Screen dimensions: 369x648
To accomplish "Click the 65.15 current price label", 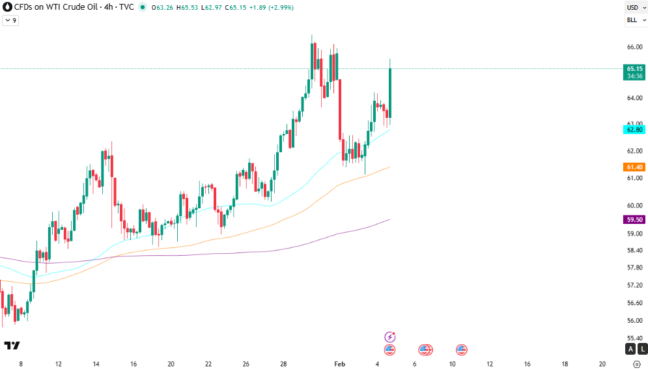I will pyautogui.click(x=634, y=68).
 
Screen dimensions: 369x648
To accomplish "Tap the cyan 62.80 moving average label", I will pyautogui.click(x=634, y=130).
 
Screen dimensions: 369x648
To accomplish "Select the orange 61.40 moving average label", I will pyautogui.click(x=634, y=167).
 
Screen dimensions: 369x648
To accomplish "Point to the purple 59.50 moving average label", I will pyautogui.click(x=634, y=219).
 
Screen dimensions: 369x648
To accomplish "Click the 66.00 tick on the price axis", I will pyautogui.click(x=634, y=47).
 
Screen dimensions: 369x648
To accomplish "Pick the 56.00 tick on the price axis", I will pyautogui.click(x=634, y=320).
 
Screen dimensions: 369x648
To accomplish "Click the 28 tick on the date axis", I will pyautogui.click(x=284, y=364).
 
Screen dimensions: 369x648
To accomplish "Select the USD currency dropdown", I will pyautogui.click(x=635, y=8).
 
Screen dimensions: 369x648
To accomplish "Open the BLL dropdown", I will pyautogui.click(x=635, y=20).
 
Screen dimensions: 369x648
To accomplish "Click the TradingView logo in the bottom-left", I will pyautogui.click(x=12, y=346).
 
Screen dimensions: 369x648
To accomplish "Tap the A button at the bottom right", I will pyautogui.click(x=630, y=349).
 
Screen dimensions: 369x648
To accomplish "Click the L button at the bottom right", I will pyautogui.click(x=642, y=349).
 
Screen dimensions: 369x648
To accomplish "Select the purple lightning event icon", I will pyautogui.click(x=390, y=336).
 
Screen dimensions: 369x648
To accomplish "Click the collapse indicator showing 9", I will pyautogui.click(x=10, y=20).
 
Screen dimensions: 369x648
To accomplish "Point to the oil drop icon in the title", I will pyautogui.click(x=7, y=7).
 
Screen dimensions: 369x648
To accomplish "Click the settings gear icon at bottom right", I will pyautogui.click(x=636, y=364).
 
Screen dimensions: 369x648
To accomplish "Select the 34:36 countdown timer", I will pyautogui.click(x=634, y=76).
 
